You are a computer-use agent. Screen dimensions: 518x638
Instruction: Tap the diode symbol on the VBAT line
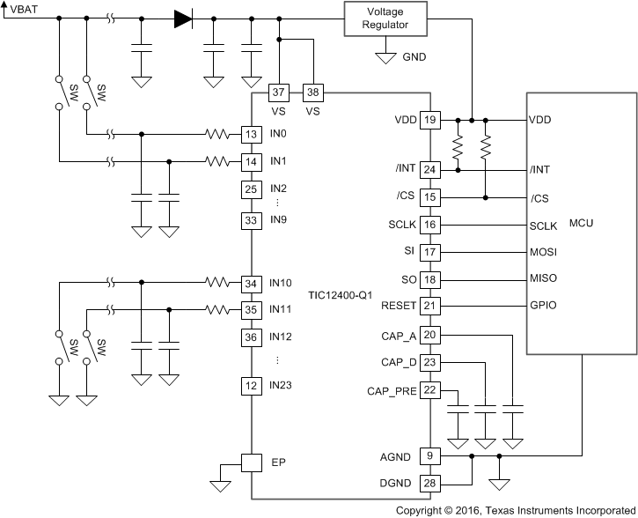pos(183,18)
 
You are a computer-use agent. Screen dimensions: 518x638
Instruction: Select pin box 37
pos(279,92)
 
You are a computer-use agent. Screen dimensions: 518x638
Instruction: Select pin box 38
pos(313,92)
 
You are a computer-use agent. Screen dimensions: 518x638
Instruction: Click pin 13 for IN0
pos(252,135)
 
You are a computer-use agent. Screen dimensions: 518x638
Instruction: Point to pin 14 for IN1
pos(252,162)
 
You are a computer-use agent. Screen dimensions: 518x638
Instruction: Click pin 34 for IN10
pos(252,283)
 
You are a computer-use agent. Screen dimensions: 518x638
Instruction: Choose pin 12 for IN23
pos(252,385)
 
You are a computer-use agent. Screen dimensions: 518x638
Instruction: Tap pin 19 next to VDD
pos(429,120)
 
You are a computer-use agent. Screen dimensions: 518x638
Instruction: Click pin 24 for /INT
pos(429,169)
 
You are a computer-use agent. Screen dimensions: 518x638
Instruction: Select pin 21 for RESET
pos(429,305)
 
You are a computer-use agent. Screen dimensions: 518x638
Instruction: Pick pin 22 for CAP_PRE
pos(429,390)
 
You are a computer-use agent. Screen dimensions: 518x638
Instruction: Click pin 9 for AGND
pos(429,456)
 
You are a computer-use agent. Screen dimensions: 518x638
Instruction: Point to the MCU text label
pos(582,223)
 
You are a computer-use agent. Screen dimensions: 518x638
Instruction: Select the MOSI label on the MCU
pos(543,252)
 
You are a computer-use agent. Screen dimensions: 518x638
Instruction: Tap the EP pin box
pos(252,462)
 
